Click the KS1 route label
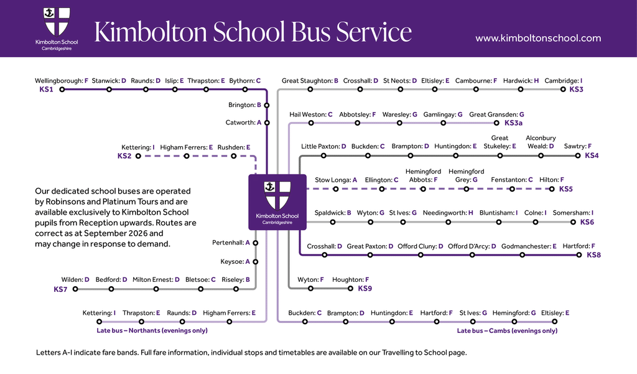(46, 90)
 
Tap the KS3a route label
(513, 123)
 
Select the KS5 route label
(566, 189)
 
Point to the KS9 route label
(365, 289)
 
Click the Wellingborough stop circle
(62, 90)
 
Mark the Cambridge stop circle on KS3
(562, 90)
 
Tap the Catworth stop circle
(267, 123)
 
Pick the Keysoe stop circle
(256, 262)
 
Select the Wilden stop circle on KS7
(75, 289)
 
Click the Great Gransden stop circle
(496, 123)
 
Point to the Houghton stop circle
(350, 289)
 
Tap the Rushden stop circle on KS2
(234, 156)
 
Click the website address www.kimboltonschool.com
(538, 38)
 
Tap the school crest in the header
(57, 22)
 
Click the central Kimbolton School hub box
(277, 202)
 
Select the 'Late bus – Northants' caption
(152, 330)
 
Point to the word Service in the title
(374, 32)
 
